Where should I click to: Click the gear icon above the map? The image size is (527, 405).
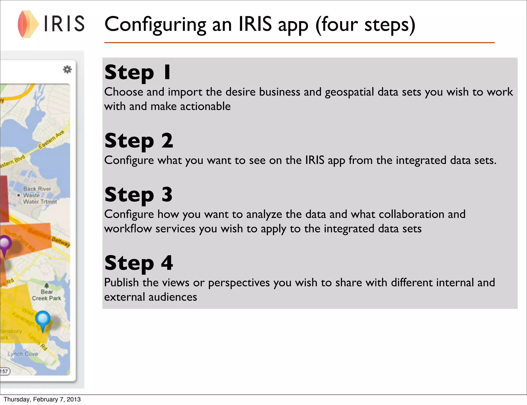tap(67, 69)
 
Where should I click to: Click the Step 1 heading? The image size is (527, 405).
tap(137, 72)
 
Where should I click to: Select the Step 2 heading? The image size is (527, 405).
tap(139, 141)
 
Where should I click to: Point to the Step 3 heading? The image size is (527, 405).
tap(138, 195)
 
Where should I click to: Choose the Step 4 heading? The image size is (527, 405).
tap(139, 263)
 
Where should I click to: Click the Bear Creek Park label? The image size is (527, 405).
tap(47, 295)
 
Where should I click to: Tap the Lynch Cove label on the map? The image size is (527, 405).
tap(23, 354)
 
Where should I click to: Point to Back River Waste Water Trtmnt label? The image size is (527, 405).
tap(39, 195)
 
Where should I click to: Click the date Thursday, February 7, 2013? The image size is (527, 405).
tap(42, 399)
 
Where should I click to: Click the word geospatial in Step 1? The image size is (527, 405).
tap(349, 92)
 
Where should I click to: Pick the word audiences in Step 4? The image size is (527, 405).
tap(173, 297)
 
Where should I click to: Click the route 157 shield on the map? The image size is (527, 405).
tap(5, 371)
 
